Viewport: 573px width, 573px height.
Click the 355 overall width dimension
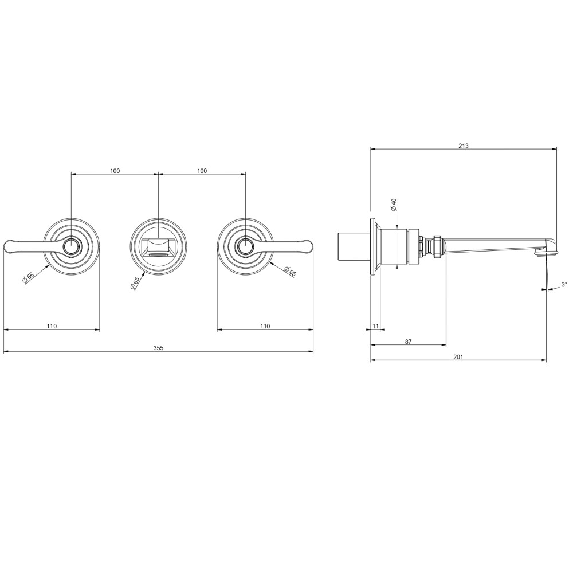pyautogui.click(x=158, y=348)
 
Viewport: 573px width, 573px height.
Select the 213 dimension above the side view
pyautogui.click(x=464, y=146)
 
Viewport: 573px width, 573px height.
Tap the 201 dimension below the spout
pyautogui.click(x=458, y=357)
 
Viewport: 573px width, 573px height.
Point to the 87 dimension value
pyautogui.click(x=408, y=342)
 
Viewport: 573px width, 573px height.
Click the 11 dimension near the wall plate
pyautogui.click(x=375, y=327)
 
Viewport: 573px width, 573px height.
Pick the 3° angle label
pyautogui.click(x=564, y=284)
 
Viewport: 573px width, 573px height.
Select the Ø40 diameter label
pyautogui.click(x=394, y=205)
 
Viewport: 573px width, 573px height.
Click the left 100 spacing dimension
pyautogui.click(x=115, y=171)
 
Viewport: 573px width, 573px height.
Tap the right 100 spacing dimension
pyautogui.click(x=202, y=171)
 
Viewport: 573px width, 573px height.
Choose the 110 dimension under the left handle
pyautogui.click(x=52, y=327)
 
